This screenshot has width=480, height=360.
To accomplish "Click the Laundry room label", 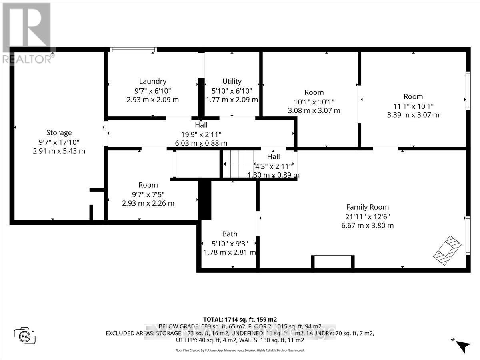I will point(153,81).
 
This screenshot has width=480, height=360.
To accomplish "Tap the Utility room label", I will point(232,81).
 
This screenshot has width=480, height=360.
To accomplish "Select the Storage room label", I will point(59,132).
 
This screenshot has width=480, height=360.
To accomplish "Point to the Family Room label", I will point(367,207).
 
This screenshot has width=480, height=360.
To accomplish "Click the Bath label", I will point(230,234).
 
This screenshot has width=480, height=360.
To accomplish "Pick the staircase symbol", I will point(238,164).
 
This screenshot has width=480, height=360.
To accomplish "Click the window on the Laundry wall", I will point(133,50).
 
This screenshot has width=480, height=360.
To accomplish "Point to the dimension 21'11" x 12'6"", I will point(367,216).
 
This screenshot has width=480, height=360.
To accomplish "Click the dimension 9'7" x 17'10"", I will point(59,142).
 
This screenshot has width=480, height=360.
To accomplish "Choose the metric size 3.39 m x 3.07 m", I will point(413,115).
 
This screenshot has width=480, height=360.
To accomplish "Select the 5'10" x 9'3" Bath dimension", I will point(230,243).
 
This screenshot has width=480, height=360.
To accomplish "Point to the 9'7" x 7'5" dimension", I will point(148,194).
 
